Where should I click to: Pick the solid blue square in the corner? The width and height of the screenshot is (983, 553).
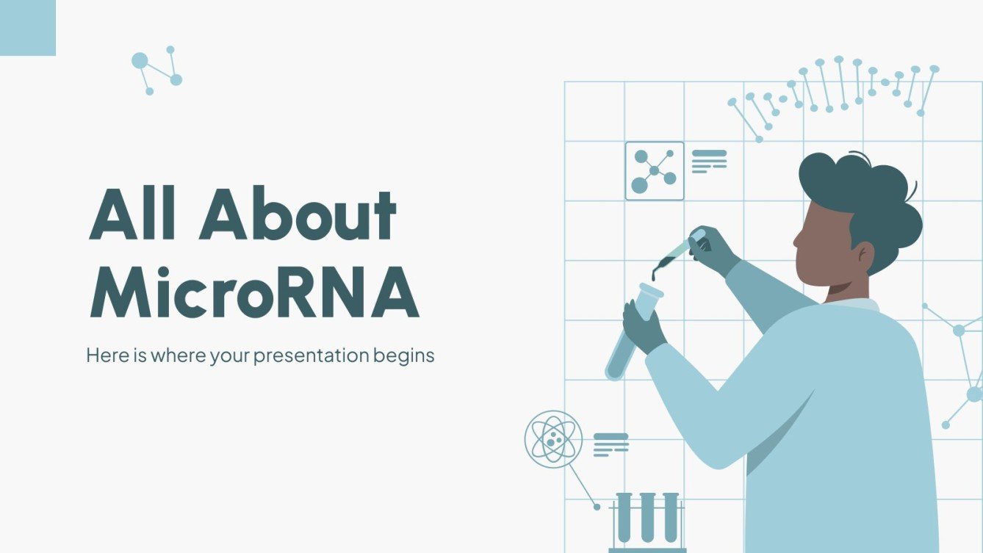[x=27, y=27]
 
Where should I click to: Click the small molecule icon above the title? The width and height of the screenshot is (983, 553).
[x=156, y=71]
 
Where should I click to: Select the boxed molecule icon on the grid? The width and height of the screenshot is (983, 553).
[x=654, y=171]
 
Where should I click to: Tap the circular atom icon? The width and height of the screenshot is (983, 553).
[x=553, y=439]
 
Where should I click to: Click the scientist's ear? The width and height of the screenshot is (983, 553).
[x=864, y=256]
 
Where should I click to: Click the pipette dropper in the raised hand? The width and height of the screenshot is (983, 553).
[x=676, y=253]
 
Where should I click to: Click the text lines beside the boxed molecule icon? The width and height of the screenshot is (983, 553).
[x=709, y=161]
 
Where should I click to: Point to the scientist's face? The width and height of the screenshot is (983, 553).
[x=823, y=246]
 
